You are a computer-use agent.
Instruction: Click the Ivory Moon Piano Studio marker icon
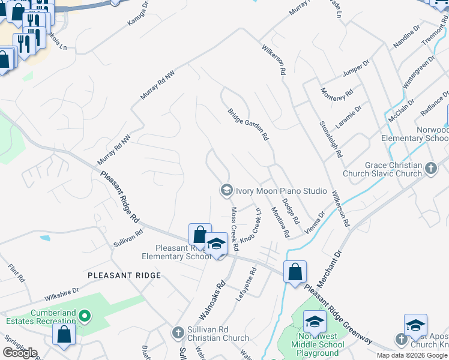click(226, 190)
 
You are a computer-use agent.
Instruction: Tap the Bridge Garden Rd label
click(248, 124)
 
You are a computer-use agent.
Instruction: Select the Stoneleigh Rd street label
click(331, 137)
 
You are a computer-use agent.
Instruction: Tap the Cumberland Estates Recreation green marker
click(85, 315)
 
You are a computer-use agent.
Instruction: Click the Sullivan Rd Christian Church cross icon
click(177, 332)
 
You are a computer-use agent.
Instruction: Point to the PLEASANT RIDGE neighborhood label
click(124, 275)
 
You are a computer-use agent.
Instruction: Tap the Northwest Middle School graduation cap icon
click(315, 322)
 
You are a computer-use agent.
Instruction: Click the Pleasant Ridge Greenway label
click(340, 316)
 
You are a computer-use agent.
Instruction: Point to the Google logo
click(20, 353)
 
